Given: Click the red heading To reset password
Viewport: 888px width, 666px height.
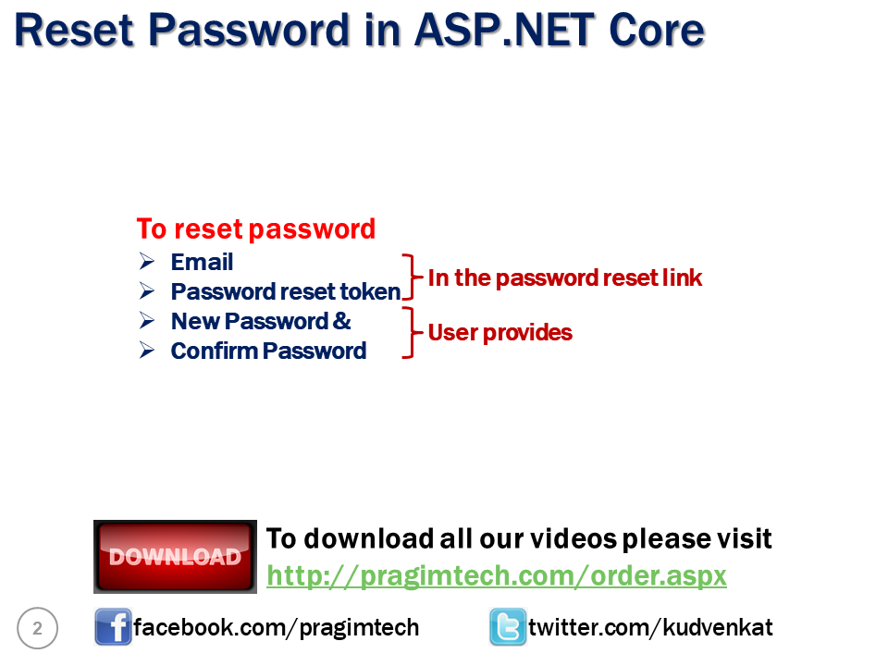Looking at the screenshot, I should [x=256, y=228].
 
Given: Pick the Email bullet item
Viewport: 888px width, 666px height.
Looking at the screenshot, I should [x=202, y=263].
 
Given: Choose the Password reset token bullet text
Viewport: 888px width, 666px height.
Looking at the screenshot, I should [x=286, y=292].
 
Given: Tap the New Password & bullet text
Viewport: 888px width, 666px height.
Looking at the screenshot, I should [x=261, y=322].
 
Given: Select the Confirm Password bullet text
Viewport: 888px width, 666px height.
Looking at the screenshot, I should [x=268, y=351].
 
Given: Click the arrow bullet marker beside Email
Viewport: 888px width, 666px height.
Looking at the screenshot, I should [x=147, y=263].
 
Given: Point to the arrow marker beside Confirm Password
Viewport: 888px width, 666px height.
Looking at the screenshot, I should [x=147, y=351].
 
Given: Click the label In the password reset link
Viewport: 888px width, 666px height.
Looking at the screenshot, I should [x=565, y=277].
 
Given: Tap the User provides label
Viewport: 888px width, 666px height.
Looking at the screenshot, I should [x=499, y=332].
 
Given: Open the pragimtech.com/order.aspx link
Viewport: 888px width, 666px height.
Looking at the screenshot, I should [x=497, y=575].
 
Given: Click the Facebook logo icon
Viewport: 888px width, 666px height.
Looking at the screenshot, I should [x=113, y=628].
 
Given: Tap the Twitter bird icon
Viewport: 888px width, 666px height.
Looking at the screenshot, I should [x=508, y=628].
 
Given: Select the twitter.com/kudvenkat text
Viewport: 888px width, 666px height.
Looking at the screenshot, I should [x=650, y=628].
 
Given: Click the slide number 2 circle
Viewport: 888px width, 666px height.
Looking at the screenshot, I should [x=38, y=629].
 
